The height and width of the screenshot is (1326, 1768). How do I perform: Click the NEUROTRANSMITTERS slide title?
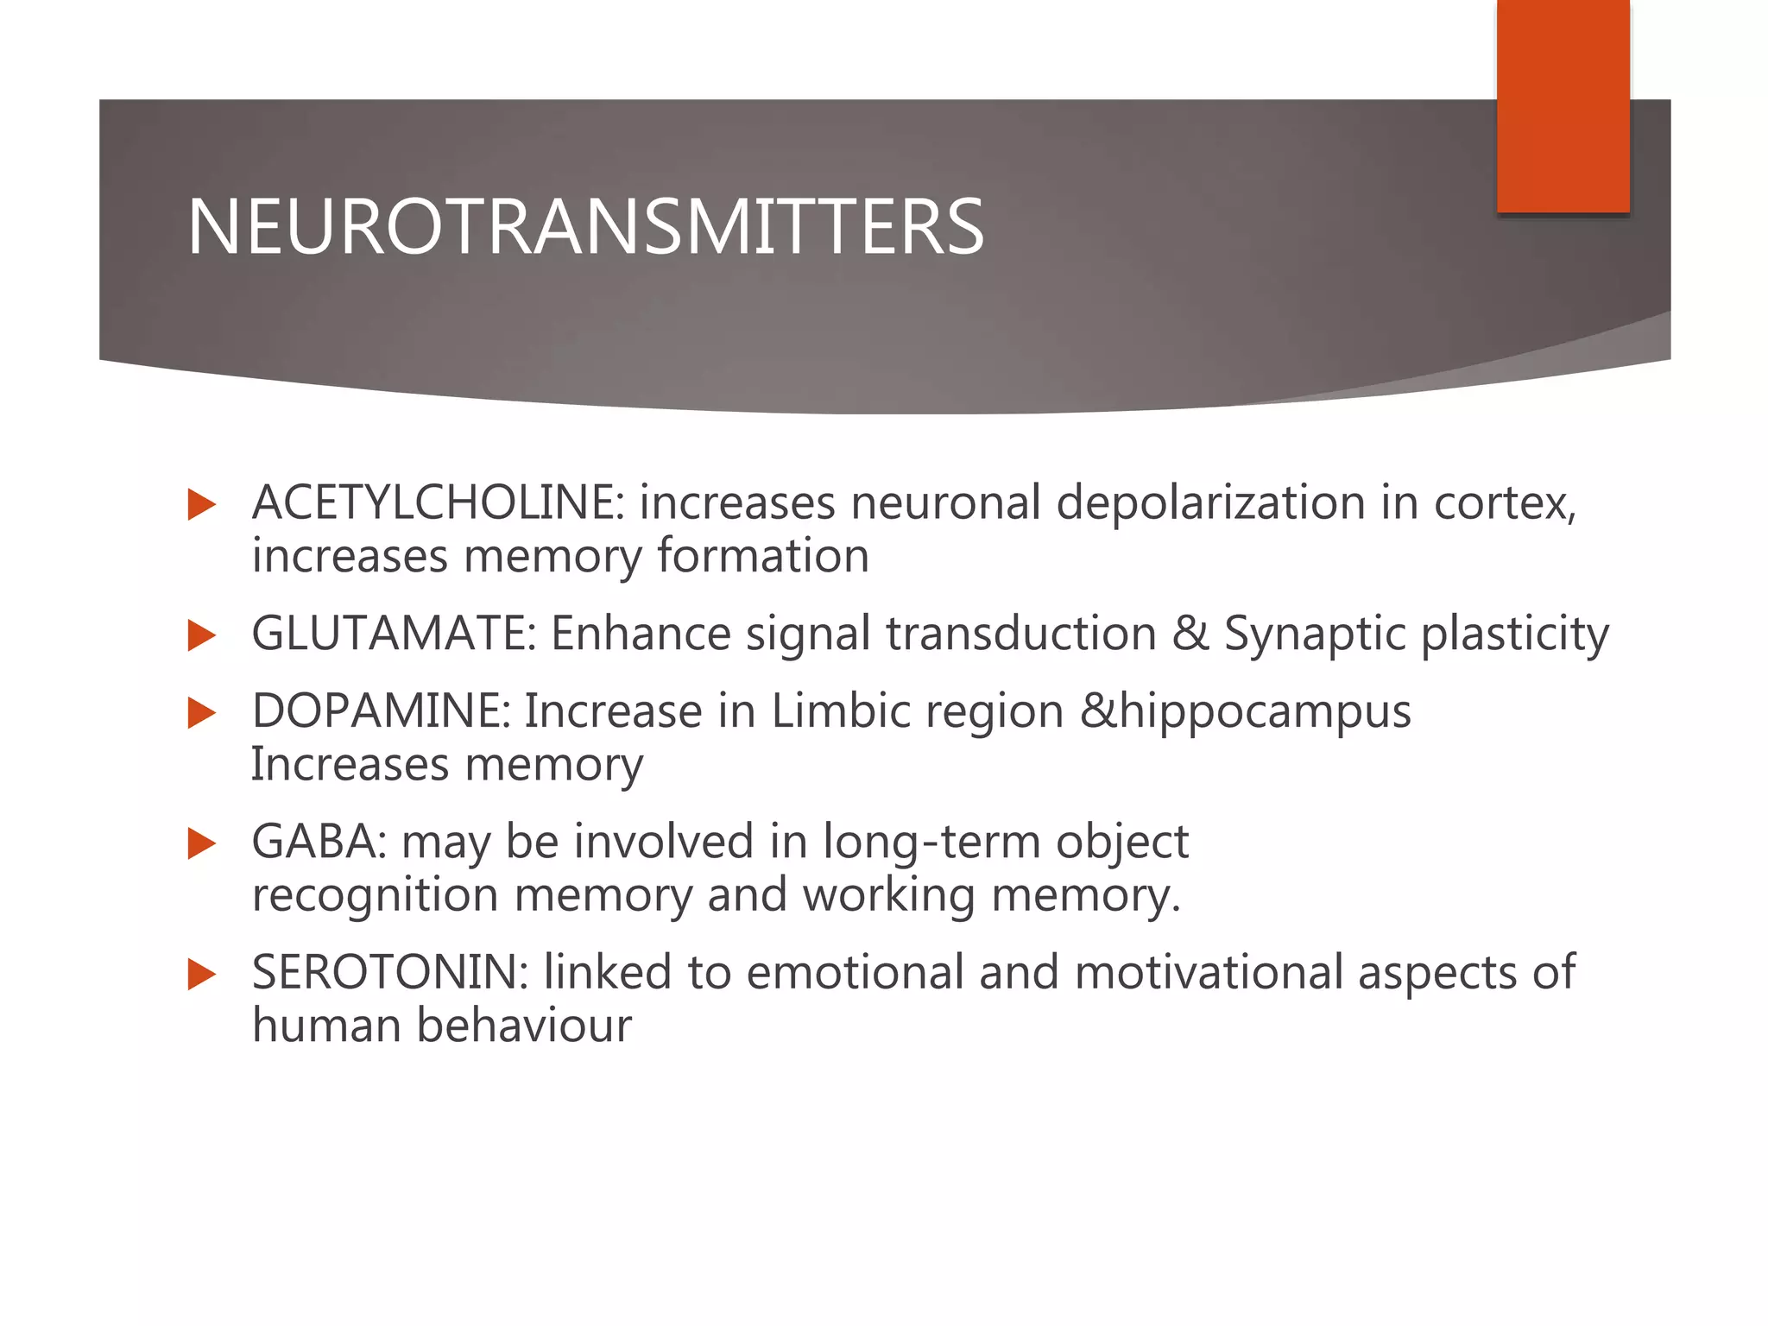point(585,227)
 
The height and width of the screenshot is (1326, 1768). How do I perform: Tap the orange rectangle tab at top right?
point(1563,105)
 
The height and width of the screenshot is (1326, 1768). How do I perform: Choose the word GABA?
point(313,841)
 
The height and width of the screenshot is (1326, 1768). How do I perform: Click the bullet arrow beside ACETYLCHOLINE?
point(201,504)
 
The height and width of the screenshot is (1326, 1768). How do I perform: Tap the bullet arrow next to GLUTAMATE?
point(201,635)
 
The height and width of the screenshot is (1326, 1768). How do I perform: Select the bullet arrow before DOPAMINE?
point(201,714)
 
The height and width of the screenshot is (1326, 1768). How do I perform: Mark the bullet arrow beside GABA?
point(201,843)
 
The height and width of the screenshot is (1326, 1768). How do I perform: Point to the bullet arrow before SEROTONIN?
point(201,975)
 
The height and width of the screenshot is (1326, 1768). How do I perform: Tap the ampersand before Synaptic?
point(1190,633)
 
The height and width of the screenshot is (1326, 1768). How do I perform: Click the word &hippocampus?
point(1246,713)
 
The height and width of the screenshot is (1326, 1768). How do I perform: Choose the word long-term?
point(931,843)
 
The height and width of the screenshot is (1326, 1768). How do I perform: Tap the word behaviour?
point(524,1026)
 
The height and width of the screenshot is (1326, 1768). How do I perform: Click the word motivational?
point(1209,972)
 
